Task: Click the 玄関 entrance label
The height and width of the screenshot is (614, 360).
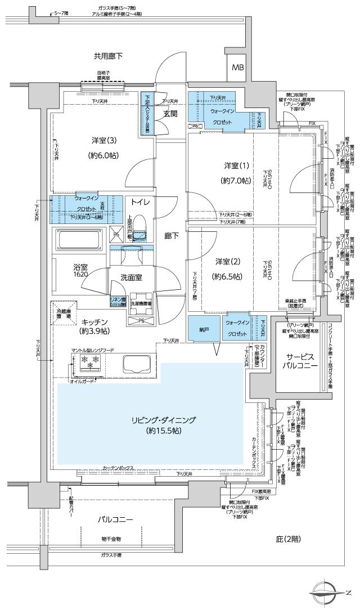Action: (170, 113)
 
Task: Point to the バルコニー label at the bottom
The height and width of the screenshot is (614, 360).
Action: (114, 519)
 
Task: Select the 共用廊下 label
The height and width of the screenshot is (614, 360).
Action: (108, 56)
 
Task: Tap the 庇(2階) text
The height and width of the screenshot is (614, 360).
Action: (288, 539)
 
